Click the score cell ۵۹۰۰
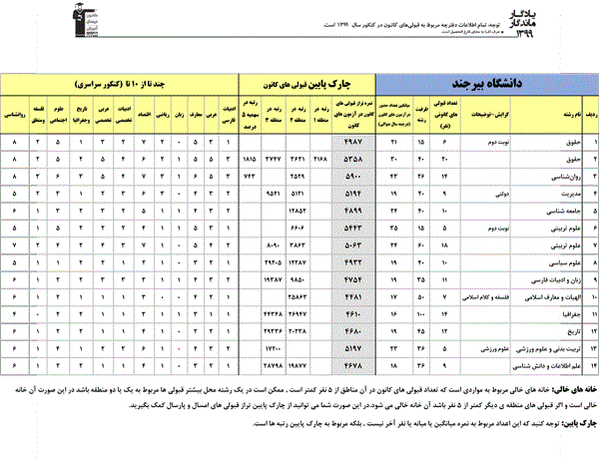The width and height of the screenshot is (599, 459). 351,175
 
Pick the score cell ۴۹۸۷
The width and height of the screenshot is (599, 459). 351,143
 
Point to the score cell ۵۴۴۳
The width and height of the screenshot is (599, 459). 351,228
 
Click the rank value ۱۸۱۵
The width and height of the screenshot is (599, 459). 250,159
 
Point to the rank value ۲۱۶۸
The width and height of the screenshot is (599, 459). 318,159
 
